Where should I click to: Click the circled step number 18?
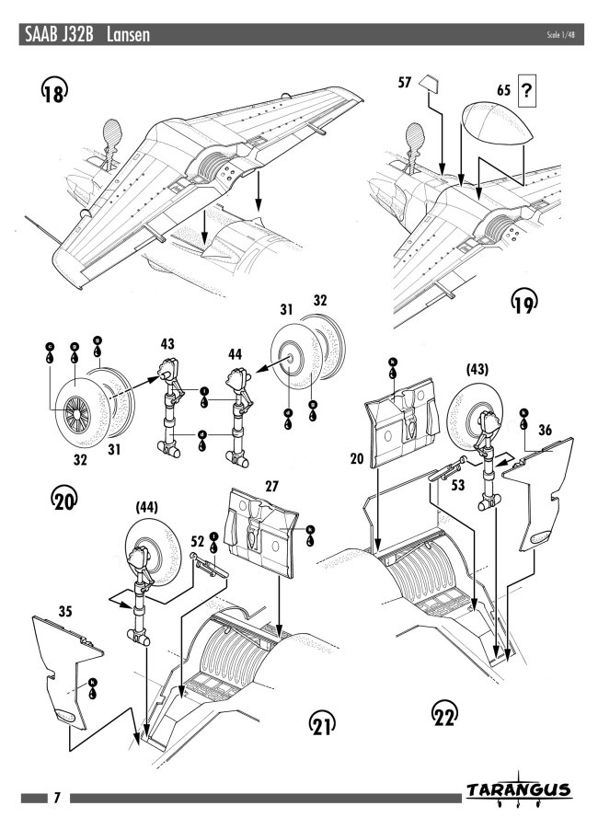[x=53, y=92]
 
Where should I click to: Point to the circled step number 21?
[x=321, y=727]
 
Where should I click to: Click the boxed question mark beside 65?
[x=527, y=90]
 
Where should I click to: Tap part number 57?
[x=404, y=82]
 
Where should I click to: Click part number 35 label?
[x=40, y=609]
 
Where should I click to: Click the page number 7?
[x=56, y=797]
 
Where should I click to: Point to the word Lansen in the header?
[x=128, y=35]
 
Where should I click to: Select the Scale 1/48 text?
[x=559, y=34]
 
